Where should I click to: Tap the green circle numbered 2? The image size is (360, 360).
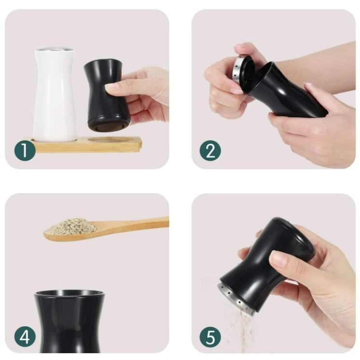coord(210,151)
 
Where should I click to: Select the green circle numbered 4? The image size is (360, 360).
coord(25,336)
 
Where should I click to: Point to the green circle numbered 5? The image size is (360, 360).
coord(210,336)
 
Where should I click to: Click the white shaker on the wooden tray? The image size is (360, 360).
coord(54,95)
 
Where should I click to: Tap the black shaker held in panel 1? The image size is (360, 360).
coord(106,95)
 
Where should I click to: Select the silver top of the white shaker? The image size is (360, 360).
coord(55,49)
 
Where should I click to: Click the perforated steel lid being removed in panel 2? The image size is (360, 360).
coord(241,69)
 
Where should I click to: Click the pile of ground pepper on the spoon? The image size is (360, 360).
coord(71,226)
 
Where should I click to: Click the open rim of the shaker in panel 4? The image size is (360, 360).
coord(69,293)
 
